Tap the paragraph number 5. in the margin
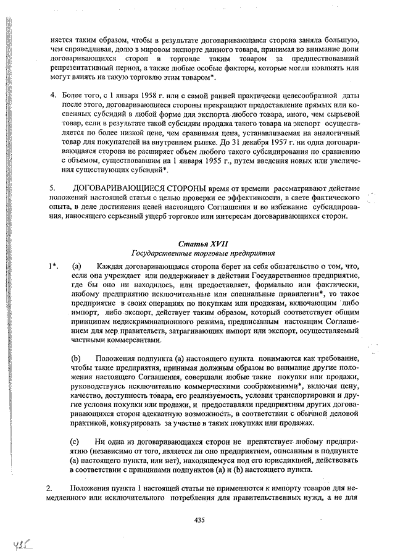coord(53,187)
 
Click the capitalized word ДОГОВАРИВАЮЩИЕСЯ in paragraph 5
coord(117,187)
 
